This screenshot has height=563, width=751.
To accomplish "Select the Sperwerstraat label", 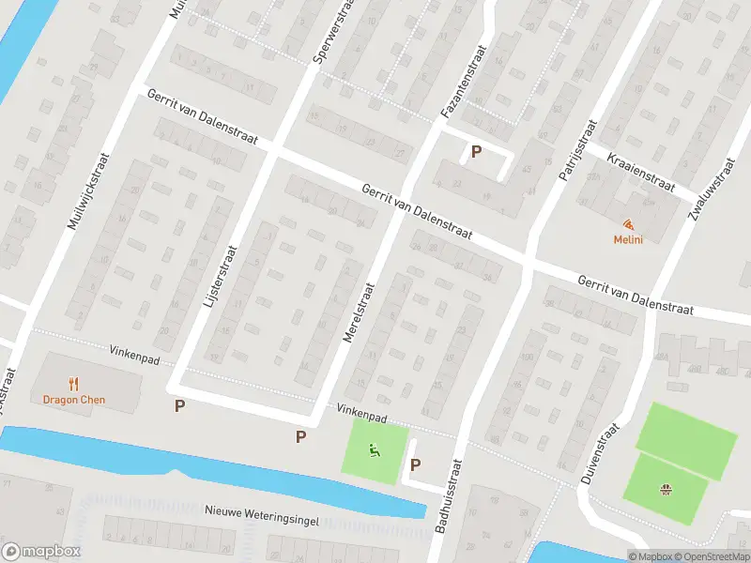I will (x=332, y=32).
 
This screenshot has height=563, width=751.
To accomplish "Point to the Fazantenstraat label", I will (x=464, y=83).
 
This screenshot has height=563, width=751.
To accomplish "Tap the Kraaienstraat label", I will (x=641, y=172).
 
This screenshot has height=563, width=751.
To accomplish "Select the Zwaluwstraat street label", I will (x=710, y=189).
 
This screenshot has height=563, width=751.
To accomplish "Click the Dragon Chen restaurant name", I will (x=74, y=400).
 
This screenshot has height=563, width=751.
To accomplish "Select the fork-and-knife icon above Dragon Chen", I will (x=74, y=383).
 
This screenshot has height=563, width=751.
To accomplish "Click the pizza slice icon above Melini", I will (x=627, y=224).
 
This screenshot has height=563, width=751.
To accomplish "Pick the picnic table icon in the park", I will (x=666, y=488).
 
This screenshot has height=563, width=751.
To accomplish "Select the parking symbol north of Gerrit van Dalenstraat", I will (x=477, y=151).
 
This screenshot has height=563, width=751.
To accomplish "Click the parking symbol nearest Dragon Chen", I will (x=179, y=405).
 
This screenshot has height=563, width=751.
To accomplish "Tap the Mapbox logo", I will (x=41, y=552).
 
